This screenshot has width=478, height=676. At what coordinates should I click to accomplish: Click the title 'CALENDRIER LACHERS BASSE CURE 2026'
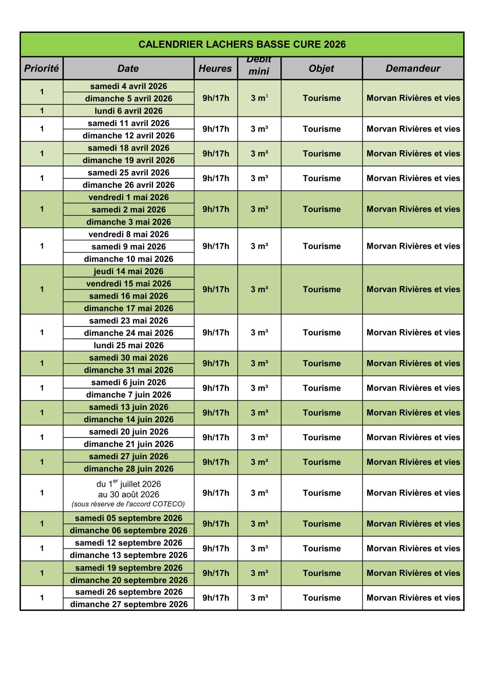tap(242, 44)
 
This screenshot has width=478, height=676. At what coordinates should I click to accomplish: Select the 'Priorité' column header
tap(41, 68)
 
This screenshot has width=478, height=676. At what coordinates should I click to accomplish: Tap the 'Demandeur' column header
tap(413, 68)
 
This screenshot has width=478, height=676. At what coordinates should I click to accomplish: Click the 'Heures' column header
tap(215, 68)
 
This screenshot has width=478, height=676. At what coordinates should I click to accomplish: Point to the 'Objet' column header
tap(321, 68)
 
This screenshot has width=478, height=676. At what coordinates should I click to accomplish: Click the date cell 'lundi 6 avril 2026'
tap(129, 111)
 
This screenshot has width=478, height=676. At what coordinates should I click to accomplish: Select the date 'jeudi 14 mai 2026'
tap(129, 271)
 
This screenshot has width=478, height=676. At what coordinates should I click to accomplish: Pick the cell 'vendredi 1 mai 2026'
tap(129, 197)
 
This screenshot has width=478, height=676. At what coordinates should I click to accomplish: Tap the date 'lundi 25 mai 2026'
tap(129, 345)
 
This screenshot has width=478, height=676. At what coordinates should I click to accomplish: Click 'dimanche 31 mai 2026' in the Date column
tap(129, 370)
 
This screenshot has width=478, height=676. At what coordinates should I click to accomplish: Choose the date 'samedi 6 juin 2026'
tap(129, 382)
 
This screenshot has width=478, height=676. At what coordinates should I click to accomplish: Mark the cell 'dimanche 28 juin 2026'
tap(129, 469)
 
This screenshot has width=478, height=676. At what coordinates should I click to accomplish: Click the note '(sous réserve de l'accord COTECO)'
tap(129, 504)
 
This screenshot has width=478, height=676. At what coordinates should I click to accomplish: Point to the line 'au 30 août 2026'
tap(129, 494)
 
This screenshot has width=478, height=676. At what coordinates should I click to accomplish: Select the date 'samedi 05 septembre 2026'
tap(129, 518)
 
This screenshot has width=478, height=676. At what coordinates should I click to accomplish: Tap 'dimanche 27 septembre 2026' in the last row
tap(129, 604)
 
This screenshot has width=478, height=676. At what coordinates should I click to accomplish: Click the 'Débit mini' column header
tap(259, 66)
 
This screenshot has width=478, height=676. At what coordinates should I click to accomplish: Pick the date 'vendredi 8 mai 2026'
tap(129, 234)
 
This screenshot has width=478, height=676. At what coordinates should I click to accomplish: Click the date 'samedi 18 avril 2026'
tap(129, 148)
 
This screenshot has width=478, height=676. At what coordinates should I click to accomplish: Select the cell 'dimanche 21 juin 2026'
tap(129, 444)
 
